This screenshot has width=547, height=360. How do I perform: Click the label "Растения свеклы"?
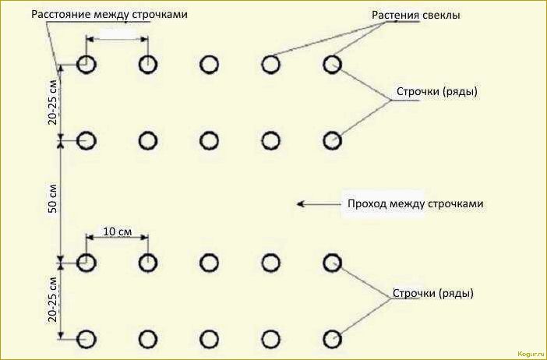[x=416, y=15]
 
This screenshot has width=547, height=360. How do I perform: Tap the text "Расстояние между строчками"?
[x=109, y=15]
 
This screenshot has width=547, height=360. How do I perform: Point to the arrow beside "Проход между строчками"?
[x=315, y=204]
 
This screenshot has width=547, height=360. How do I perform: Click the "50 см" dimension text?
[x=52, y=200]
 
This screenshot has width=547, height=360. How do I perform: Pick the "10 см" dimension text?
[x=116, y=231]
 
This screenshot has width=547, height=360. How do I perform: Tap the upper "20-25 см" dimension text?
[x=52, y=102]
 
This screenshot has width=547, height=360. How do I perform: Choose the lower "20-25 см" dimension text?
[x=52, y=299]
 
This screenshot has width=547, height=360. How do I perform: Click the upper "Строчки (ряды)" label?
[x=436, y=91]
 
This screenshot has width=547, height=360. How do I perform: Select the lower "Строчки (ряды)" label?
[x=432, y=294]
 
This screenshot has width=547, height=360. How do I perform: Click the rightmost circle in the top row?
[x=333, y=65]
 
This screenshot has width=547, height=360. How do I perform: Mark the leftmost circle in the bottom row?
[x=86, y=339]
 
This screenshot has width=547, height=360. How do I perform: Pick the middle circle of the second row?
[x=209, y=140]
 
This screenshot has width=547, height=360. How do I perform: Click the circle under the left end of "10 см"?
[x=86, y=263]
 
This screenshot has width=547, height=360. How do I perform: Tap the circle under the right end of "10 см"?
[x=147, y=263]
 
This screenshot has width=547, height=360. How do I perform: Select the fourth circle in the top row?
[x=270, y=65]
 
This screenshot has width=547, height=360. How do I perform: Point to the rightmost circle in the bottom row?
[x=333, y=339]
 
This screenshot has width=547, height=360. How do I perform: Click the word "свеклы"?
[x=441, y=15]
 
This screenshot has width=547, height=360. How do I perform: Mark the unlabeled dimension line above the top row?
[x=116, y=38]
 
